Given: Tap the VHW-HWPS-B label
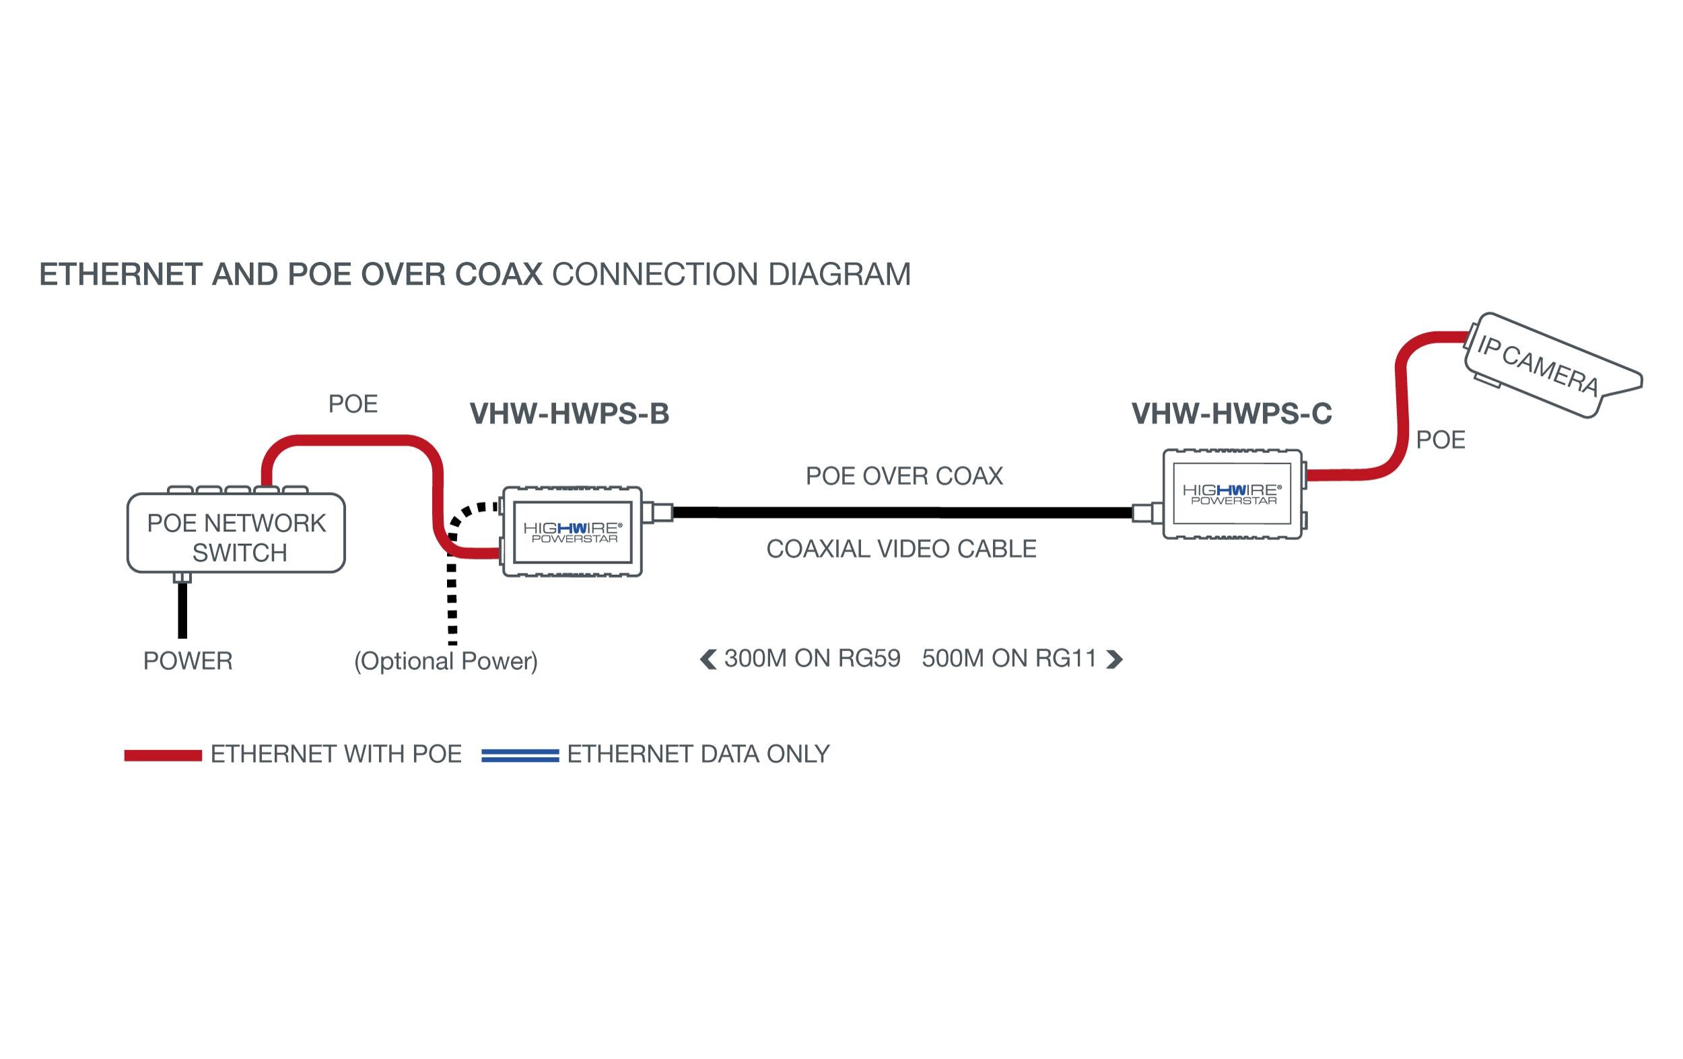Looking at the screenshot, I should pos(569,414).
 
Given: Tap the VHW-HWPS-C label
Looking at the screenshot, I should pos(1231,414).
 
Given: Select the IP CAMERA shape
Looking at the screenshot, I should pos(1552,366).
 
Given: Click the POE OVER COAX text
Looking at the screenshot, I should pos(903,476).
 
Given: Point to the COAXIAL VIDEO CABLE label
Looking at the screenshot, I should pos(901,549).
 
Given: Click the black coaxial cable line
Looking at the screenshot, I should pos(901,513).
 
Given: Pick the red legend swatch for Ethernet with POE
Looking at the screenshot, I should pos(163,755).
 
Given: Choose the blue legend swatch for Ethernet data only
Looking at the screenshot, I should pos(520,755).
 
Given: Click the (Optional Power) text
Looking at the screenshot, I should pos(446,660).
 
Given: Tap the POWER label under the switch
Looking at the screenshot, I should pos(187,660).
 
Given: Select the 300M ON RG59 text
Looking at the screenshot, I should pos(812,658).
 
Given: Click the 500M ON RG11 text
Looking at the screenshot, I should pos(1008,658).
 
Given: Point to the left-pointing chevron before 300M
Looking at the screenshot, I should pos(708,659).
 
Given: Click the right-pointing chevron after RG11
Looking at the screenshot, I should pos(1114,659).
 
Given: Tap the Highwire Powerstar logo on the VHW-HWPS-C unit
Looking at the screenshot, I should pos(1231,494).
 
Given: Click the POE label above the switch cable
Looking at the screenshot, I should pos(353,404).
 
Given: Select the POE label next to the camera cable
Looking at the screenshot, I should pos(1441,440).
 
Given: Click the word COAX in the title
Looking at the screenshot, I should pos(498,274).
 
